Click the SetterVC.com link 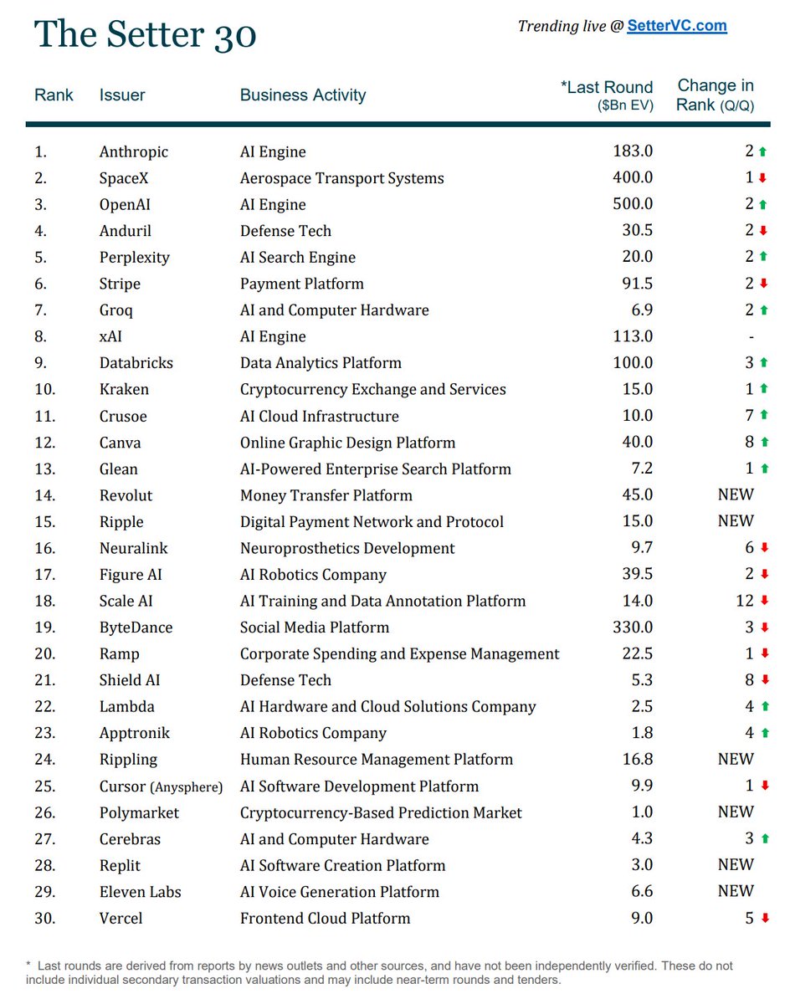pos(677,26)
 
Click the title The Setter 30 pos(146,35)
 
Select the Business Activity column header pos(303,95)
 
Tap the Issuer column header pos(122,95)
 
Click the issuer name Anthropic pos(134,152)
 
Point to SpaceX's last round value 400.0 pos(633,178)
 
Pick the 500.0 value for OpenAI pos(633,204)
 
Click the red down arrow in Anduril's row pos(762,232)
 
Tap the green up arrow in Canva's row pos(762,443)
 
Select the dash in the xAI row pos(752,336)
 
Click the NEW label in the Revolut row pos(736,494)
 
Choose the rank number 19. pos(45,627)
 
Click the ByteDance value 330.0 pos(633,627)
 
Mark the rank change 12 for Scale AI pos(745,601)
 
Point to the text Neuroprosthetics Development pos(347,549)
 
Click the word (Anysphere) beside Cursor pos(187,787)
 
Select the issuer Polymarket pos(139,813)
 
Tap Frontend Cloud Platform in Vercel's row pos(325,919)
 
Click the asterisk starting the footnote pos(29,965)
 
